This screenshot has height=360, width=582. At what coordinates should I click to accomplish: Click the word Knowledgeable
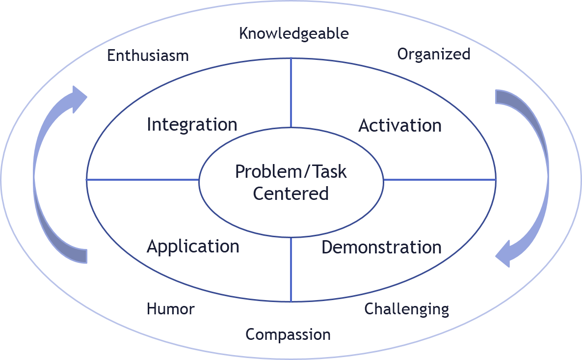pos(294,34)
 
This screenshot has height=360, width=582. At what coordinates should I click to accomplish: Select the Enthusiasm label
pos(148,55)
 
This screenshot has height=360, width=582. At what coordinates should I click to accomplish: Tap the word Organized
pos(434,54)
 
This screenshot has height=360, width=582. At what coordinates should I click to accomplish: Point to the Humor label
pos(170,309)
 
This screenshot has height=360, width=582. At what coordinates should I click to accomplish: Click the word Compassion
pos(288,334)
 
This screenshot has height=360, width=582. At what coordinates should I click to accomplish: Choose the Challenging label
pos(406,309)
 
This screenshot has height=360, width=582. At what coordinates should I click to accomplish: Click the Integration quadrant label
pos(192,125)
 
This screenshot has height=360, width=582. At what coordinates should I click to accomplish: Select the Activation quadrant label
pos(400,126)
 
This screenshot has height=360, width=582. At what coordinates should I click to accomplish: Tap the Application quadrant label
pos(193,246)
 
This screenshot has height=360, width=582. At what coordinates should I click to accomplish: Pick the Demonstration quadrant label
pos(381,247)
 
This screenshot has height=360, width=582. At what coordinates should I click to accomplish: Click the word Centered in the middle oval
pos(291,194)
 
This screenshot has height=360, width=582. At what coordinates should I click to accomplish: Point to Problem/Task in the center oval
pos(291,172)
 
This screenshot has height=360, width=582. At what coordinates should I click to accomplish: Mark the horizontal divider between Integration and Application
pos(143,180)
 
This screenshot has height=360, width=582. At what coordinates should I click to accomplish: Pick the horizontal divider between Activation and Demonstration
pos(440,180)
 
